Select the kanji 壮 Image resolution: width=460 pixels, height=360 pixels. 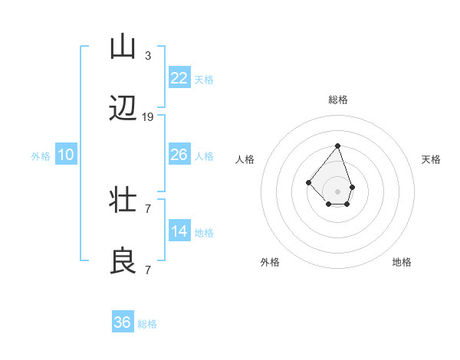[123, 201]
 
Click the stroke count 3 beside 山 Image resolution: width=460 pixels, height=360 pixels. [148, 56]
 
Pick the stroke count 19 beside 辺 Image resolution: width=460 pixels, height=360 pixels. [148, 117]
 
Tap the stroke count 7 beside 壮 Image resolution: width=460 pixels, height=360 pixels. [148, 208]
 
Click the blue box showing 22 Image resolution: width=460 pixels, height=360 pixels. [179, 78]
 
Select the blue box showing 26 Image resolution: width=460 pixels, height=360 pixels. [179, 155]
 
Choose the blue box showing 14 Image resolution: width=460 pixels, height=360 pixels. [179, 231]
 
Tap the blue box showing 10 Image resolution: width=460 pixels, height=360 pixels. [66, 155]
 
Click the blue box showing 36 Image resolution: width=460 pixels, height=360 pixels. [123, 322]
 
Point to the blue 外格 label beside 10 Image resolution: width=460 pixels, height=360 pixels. [41, 156]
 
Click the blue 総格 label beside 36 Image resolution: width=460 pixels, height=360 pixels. [147, 324]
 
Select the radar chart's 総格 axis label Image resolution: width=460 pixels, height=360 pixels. [337, 100]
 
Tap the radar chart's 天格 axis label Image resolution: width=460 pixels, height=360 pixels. [431, 159]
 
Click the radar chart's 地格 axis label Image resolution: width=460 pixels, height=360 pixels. [402, 262]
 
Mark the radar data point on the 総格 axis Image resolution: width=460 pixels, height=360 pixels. [337, 146]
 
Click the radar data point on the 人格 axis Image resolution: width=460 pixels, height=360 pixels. [308, 182]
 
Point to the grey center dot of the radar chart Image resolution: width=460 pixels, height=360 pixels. [337, 191]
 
